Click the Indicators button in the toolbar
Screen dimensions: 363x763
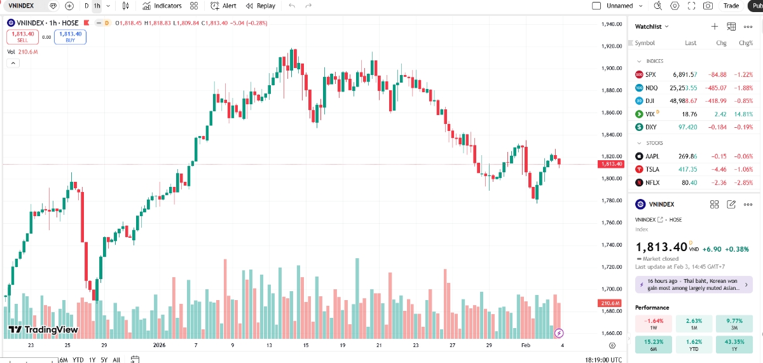(x=162, y=6)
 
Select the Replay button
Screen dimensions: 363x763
(x=261, y=6)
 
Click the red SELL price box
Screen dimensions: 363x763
(x=22, y=37)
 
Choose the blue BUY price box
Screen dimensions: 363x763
(x=70, y=37)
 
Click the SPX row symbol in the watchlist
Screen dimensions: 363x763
(x=650, y=74)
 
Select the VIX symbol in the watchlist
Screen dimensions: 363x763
(x=650, y=114)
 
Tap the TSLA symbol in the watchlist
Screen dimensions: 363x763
(x=652, y=169)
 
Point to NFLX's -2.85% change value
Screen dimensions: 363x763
(x=742, y=182)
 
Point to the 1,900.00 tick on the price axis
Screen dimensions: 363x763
(x=612, y=68)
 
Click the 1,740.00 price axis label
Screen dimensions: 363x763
(x=612, y=245)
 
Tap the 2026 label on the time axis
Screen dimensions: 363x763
(x=159, y=345)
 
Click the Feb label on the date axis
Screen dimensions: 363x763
(x=525, y=345)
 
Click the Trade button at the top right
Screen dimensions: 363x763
(x=731, y=6)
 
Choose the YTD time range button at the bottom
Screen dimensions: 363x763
(x=78, y=360)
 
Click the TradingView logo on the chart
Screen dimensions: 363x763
(x=43, y=330)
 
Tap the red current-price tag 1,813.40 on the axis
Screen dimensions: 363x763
(x=611, y=164)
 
